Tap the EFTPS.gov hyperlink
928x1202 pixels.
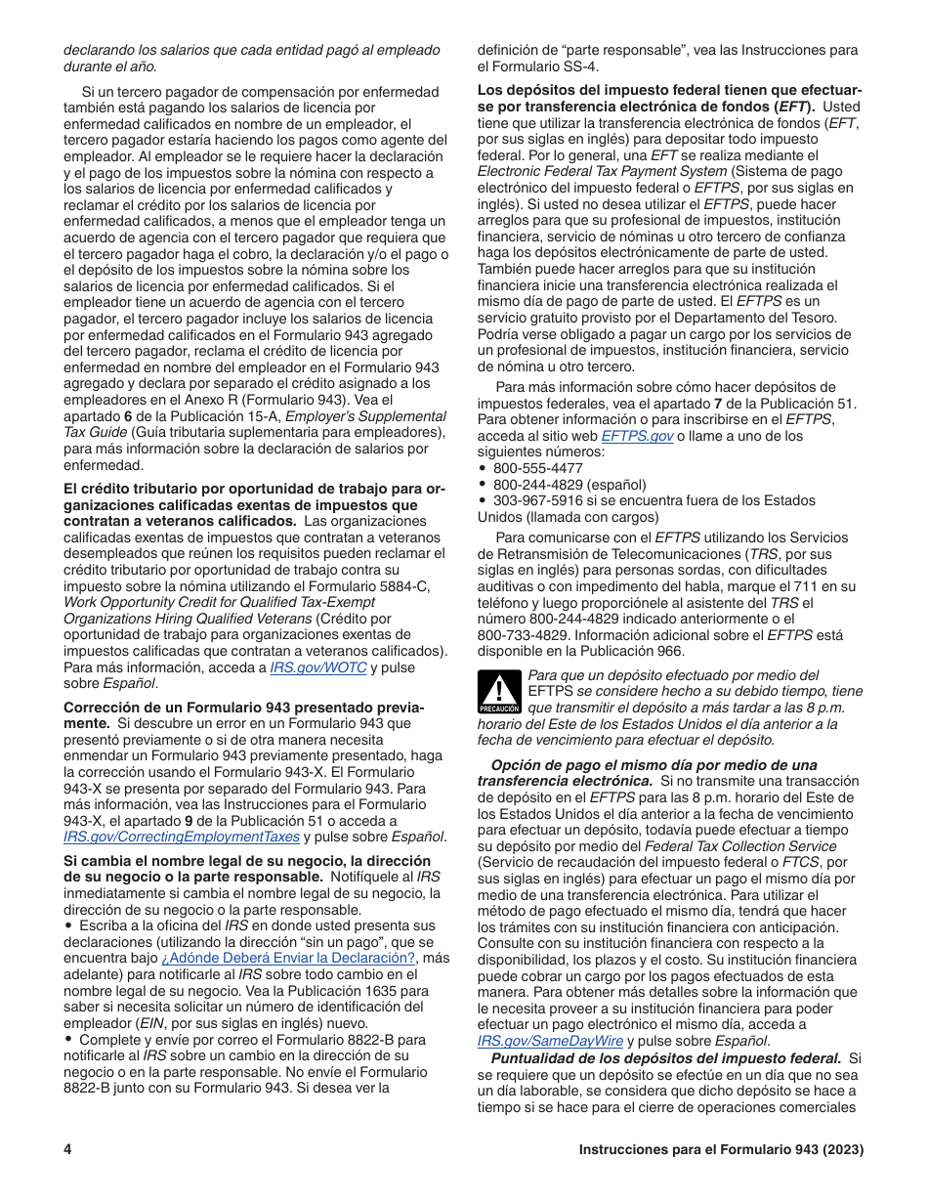click(x=637, y=436)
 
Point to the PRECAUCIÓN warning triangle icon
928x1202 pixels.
click(x=498, y=692)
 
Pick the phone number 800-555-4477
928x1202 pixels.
click(x=537, y=468)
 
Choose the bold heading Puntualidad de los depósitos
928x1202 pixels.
click(x=665, y=1058)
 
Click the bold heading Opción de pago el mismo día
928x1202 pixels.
click(x=654, y=765)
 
